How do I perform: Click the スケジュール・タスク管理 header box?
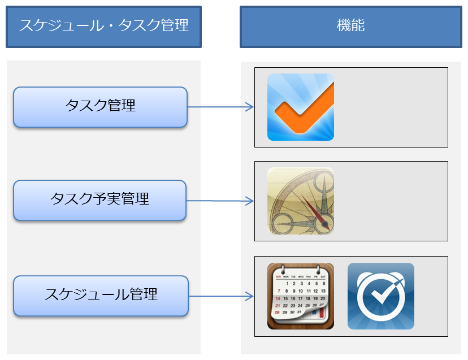point(103,26)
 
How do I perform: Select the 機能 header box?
point(350,26)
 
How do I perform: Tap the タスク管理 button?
point(100,106)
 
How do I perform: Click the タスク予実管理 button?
point(100,199)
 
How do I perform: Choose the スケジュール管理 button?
point(101,295)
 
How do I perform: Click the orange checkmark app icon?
point(300,107)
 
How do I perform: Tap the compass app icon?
point(300,201)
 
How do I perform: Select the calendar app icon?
point(300,296)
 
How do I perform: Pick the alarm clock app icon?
point(380,296)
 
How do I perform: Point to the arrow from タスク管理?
point(220,106)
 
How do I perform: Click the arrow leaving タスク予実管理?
point(220,201)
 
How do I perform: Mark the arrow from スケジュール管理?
point(220,296)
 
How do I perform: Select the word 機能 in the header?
point(350,25)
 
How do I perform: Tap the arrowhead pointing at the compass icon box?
point(250,201)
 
